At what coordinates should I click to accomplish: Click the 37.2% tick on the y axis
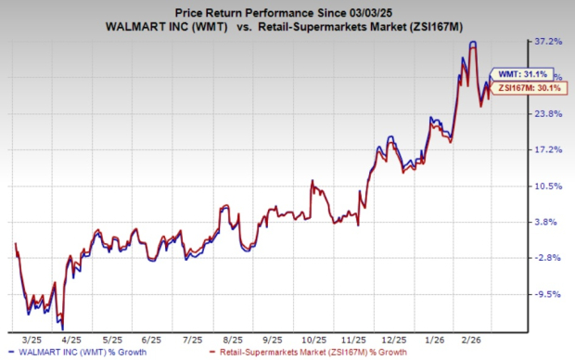point(547,42)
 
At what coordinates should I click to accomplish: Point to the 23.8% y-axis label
point(547,114)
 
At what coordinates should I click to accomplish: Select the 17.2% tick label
point(547,149)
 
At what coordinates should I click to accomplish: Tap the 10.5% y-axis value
point(547,186)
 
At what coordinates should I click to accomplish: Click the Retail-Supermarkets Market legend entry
point(307,353)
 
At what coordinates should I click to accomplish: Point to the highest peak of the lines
point(473,43)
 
